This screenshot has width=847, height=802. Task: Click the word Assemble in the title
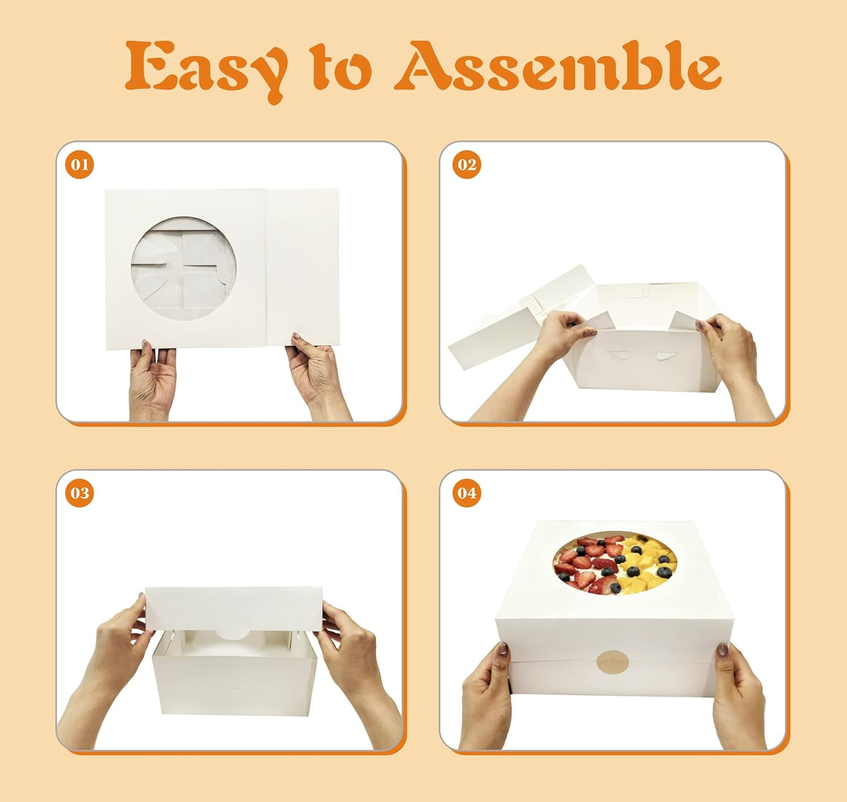[x=557, y=65]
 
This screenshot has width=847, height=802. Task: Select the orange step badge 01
[x=79, y=165]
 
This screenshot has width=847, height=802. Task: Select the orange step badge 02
[x=467, y=165]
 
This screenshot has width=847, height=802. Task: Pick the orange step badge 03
[x=79, y=493]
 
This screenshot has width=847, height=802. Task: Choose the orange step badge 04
[x=467, y=493]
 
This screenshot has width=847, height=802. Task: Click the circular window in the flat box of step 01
[x=183, y=269]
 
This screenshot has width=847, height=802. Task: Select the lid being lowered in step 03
[x=234, y=609]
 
